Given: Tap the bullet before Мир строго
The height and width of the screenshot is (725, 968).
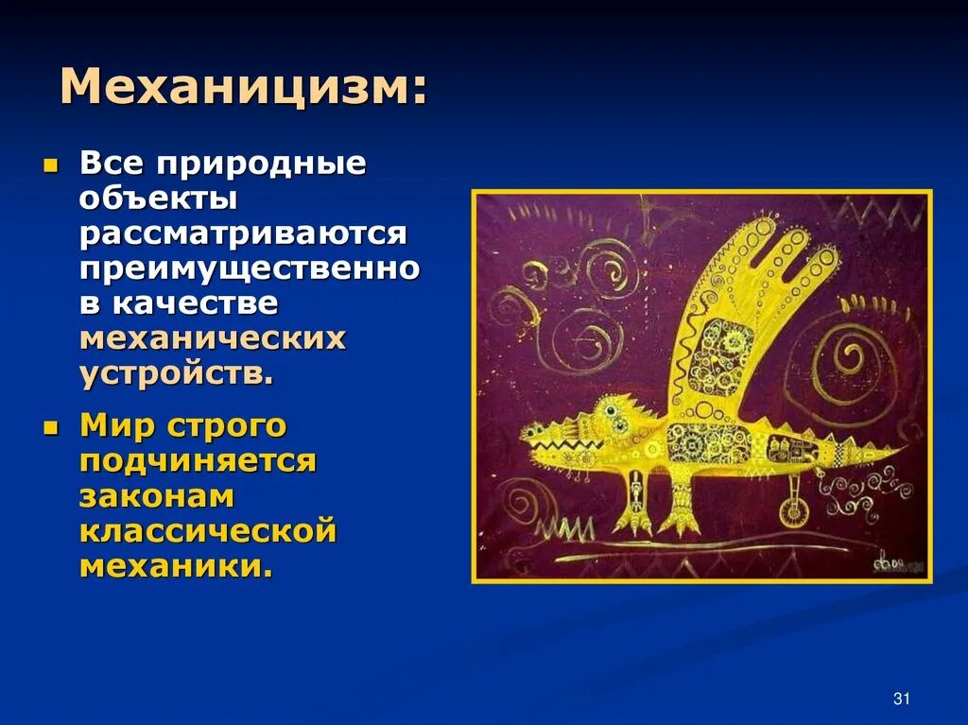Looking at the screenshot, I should click(x=51, y=428).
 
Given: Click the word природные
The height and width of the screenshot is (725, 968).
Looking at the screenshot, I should click(x=261, y=164).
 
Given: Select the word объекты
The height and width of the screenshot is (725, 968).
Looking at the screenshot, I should click(x=158, y=199).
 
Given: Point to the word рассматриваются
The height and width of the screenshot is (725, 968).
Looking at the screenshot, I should click(x=243, y=233).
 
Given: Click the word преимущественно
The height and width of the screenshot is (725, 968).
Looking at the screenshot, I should click(x=250, y=268).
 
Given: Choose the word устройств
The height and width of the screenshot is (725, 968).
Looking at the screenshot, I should click(x=177, y=372).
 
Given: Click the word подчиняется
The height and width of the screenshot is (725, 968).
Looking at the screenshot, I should click(x=198, y=461).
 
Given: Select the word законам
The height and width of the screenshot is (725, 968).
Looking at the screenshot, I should click(x=157, y=496).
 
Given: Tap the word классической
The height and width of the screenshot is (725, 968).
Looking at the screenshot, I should click(x=208, y=531).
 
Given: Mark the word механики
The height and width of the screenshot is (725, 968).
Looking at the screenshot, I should click(x=176, y=566).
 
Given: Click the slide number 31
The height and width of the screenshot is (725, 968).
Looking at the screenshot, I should click(x=900, y=699).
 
